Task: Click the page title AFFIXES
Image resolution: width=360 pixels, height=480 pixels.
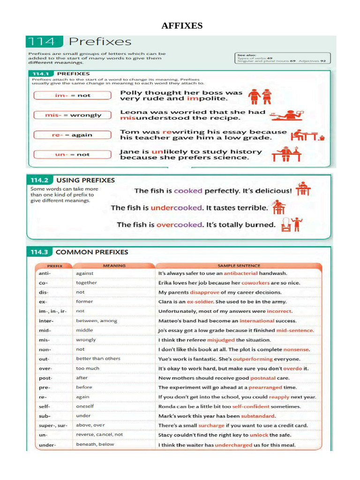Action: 182,26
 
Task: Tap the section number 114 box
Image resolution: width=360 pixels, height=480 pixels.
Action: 44,42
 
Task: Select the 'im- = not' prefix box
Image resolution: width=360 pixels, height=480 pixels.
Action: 73,96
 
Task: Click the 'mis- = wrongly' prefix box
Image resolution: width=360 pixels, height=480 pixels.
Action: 73,115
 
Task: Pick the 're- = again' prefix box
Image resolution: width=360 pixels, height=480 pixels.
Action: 73,135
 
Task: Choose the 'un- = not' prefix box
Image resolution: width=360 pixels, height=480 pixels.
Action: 73,154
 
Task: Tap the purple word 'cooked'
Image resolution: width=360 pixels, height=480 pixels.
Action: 188,191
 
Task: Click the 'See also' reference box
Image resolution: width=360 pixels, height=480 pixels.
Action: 283,58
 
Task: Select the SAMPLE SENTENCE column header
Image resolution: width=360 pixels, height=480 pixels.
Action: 239,266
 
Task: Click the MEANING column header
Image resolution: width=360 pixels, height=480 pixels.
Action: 114,266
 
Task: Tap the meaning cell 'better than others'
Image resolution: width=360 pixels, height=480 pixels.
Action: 98,359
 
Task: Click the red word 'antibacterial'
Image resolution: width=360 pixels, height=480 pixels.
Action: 240,273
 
